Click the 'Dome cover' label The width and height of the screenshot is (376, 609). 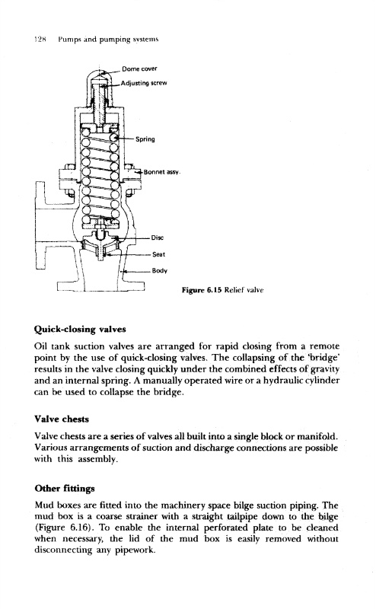[x=139, y=69]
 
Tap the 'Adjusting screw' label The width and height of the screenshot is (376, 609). [x=144, y=83]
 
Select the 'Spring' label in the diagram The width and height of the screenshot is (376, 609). [x=145, y=139]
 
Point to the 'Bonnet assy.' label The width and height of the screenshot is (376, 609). [x=162, y=172]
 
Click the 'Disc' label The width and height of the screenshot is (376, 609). [x=158, y=238]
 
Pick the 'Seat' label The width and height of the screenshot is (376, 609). [x=158, y=254]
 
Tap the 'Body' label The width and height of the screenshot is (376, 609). [x=159, y=271]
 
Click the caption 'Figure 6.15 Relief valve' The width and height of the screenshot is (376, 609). [x=222, y=290]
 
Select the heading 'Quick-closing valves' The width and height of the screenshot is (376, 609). [x=80, y=330]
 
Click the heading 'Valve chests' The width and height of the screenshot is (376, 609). [x=62, y=419]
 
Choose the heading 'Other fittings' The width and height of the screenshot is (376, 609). [x=65, y=488]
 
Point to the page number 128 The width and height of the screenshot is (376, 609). [x=40, y=40]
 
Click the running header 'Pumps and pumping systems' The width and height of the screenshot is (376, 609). [x=108, y=40]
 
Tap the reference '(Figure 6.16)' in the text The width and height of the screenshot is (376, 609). [x=65, y=528]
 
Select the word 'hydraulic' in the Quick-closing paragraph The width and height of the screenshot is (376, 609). [x=282, y=380]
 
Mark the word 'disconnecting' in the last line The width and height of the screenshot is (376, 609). [x=63, y=550]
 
